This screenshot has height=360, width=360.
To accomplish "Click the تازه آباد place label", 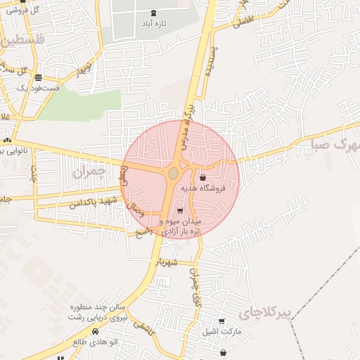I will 154,23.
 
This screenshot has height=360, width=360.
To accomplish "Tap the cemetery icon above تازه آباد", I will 154,13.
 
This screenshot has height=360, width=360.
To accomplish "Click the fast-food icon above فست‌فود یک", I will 37,77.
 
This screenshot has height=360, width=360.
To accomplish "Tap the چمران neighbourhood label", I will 89,171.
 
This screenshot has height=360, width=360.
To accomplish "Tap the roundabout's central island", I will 174,172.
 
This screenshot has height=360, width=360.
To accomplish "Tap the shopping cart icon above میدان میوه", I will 180,210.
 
